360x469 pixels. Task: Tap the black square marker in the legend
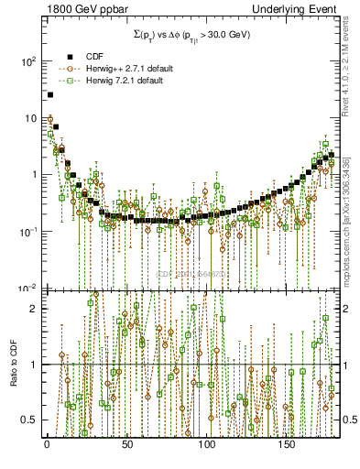(x=68, y=55)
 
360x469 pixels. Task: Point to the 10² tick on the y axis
(x=27, y=61)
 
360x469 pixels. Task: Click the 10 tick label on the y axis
(x=30, y=118)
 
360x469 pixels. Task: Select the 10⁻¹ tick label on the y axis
(x=27, y=232)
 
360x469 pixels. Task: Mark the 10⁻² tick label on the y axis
(x=27, y=288)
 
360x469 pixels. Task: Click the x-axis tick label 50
(x=127, y=444)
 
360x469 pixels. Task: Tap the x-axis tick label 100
(x=207, y=444)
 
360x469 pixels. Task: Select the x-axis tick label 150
(x=288, y=444)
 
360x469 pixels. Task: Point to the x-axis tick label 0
(x=47, y=444)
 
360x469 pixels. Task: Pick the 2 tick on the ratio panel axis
(x=34, y=309)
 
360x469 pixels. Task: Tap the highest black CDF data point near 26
(x=50, y=94)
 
